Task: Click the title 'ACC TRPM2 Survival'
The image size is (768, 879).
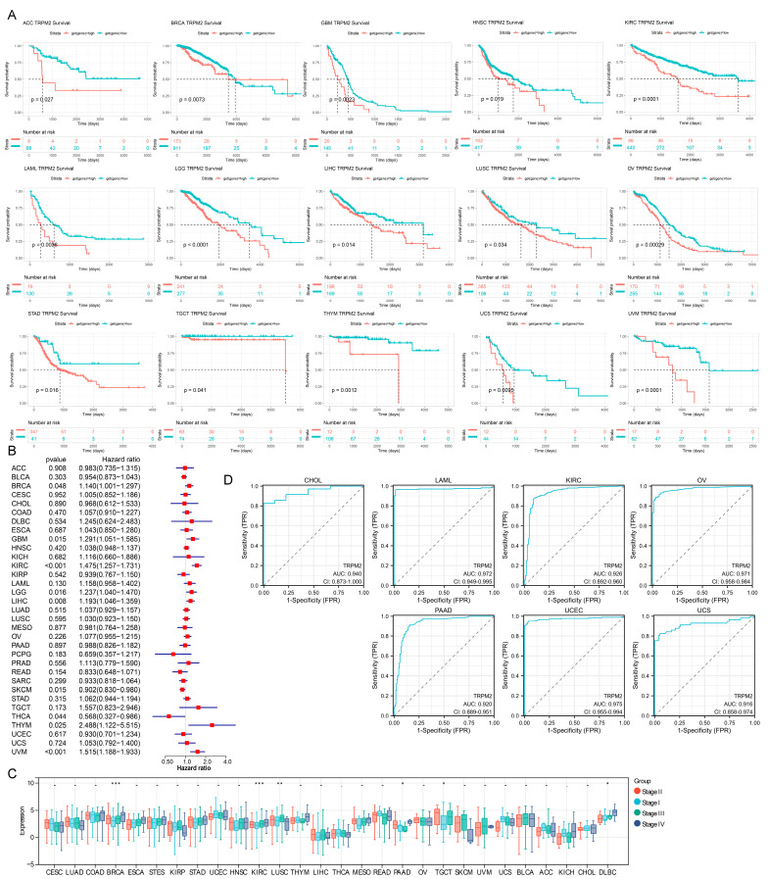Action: click(x=39, y=20)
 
